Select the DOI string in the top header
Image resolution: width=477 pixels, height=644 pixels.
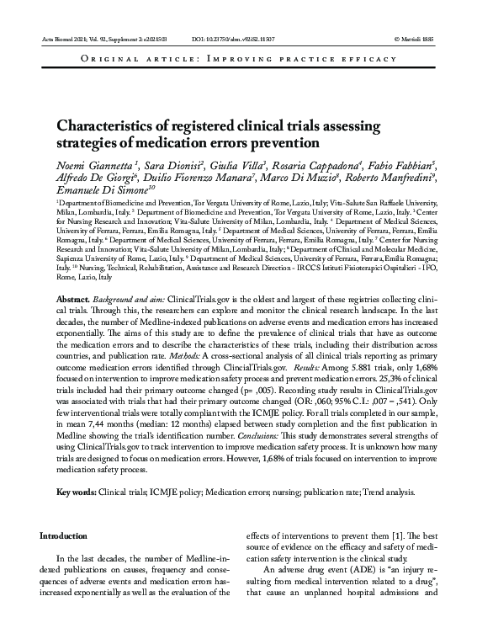click(x=226, y=40)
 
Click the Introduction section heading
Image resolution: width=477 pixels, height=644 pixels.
click(x=64, y=536)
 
